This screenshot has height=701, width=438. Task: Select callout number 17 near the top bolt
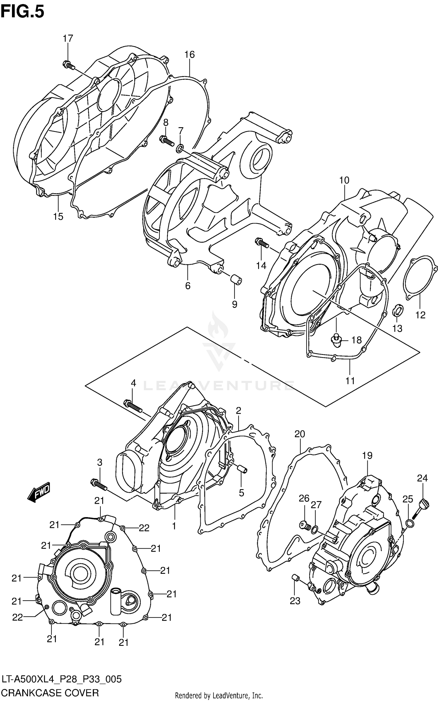[68, 38]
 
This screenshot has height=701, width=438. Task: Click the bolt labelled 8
[167, 141]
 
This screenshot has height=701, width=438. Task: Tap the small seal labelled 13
[397, 311]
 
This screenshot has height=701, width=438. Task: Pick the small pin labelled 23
[295, 577]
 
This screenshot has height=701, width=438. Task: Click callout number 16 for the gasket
[189, 54]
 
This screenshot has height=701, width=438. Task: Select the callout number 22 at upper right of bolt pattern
[144, 528]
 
